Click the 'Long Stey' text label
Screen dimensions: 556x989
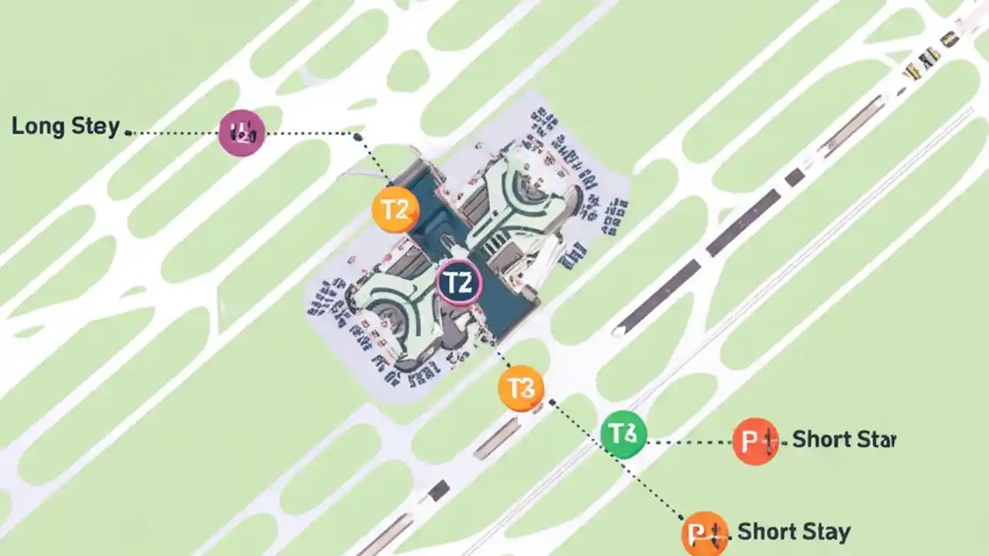66,127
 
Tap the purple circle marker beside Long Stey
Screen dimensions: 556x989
242,133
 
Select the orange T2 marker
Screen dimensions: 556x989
396,210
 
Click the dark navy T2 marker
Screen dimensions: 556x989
460,283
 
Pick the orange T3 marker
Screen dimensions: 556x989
522,388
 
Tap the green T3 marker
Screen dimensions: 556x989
624,433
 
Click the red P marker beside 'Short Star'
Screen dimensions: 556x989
756,441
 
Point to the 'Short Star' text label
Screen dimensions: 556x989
844,439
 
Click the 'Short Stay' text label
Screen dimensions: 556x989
794,531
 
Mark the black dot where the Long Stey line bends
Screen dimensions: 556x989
358,137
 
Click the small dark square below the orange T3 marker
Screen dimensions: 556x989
439,490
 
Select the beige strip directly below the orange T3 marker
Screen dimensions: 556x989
496,439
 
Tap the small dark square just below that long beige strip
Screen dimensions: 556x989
794,178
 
